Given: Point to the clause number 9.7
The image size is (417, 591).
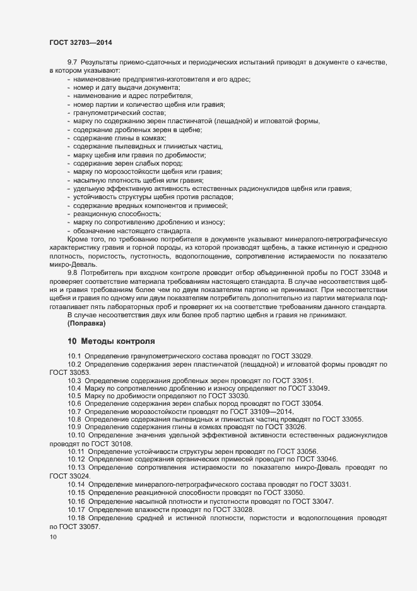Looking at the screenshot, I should [x=72, y=63].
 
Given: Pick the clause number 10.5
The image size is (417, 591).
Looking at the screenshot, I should [x=74, y=396].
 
